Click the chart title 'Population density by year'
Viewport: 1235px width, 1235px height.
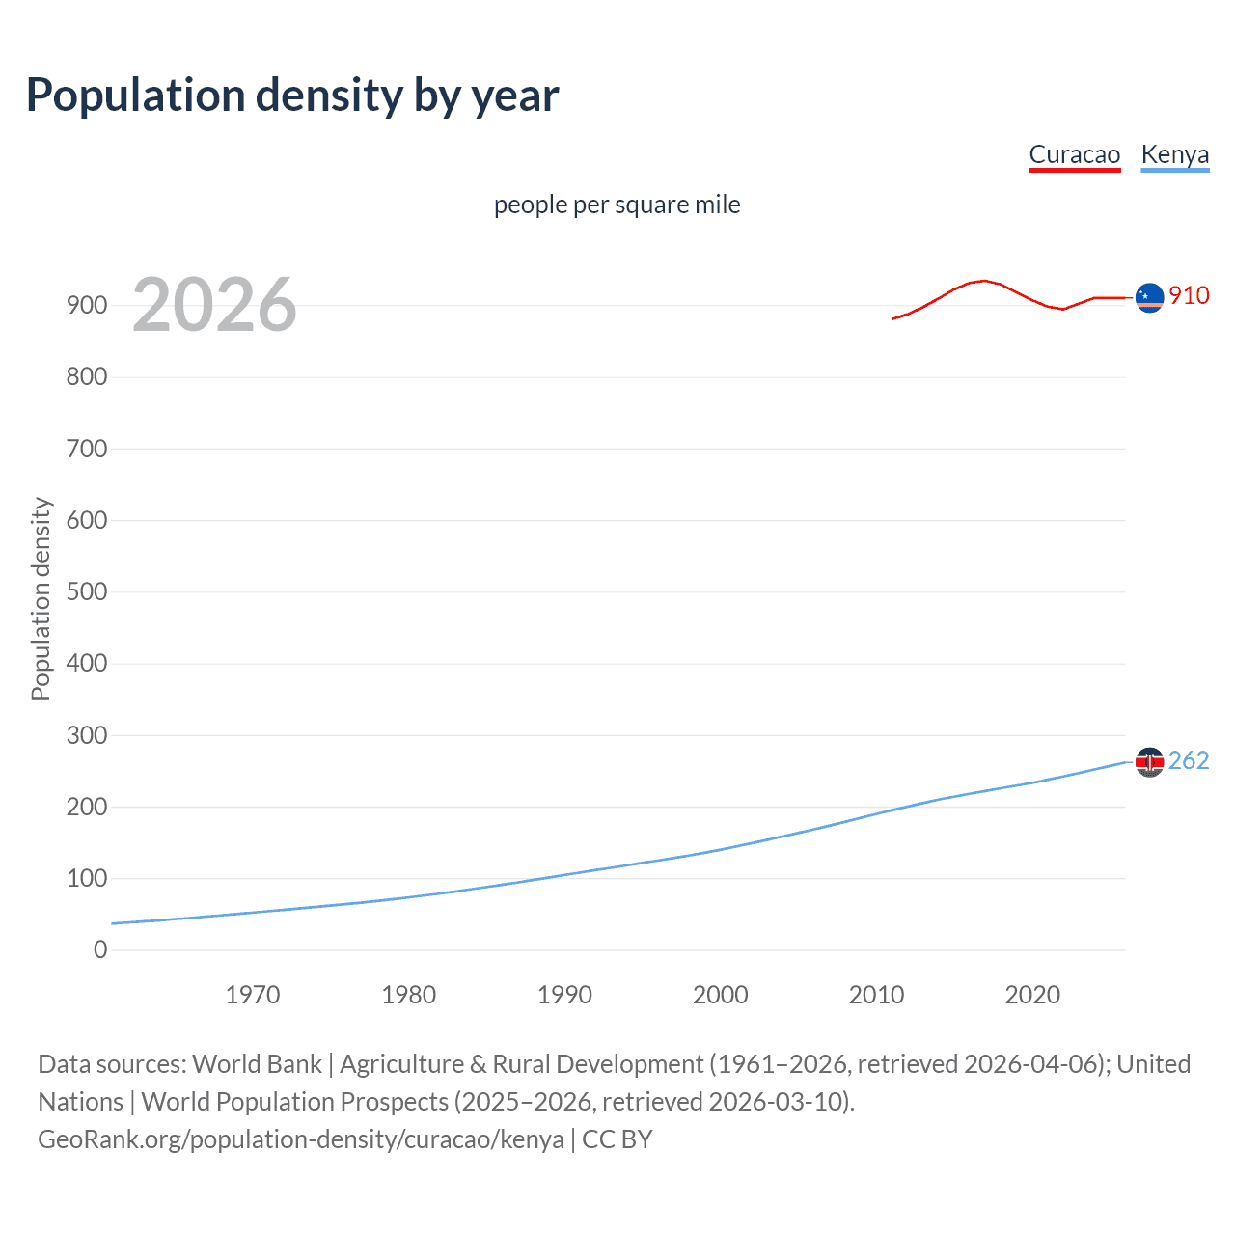(292, 96)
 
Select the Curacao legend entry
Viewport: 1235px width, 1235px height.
(1074, 154)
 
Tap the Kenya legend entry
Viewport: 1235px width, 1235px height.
(1174, 154)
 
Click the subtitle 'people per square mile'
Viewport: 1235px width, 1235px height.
(617, 205)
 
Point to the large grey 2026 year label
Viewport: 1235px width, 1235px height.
(214, 305)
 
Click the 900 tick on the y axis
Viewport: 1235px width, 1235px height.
(87, 306)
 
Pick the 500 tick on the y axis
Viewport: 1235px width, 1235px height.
(87, 591)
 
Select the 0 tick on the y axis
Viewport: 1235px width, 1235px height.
(100, 949)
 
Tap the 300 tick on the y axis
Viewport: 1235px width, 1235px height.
(87, 735)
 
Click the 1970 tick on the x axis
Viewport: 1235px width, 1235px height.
(253, 995)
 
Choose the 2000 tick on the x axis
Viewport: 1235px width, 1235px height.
(721, 995)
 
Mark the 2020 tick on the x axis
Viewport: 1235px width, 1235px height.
(1032, 995)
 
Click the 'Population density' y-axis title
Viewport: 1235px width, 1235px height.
(41, 598)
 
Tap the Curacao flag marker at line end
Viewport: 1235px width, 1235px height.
(1149, 298)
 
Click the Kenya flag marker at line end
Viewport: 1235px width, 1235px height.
(1149, 762)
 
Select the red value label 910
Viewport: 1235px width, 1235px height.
(1189, 296)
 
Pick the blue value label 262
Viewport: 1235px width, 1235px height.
(1189, 761)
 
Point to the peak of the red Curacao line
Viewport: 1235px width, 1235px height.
(983, 281)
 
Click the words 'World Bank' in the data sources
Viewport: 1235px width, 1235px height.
(257, 1064)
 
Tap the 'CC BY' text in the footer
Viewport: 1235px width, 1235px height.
(617, 1139)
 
